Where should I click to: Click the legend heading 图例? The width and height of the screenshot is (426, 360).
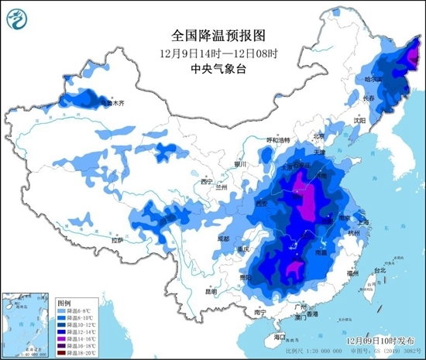(64, 303)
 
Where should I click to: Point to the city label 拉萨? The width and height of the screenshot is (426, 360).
(117, 241)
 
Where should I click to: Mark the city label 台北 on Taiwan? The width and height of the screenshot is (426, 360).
(380, 270)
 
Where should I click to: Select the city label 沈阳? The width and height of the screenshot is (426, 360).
(359, 121)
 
